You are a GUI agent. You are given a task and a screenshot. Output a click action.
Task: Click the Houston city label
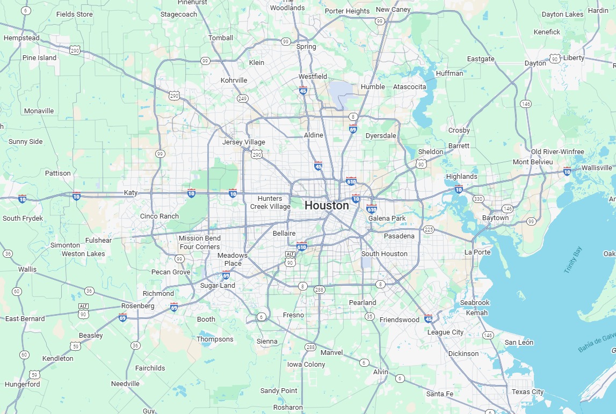(x=327, y=205)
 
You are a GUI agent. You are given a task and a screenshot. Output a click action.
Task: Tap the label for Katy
(x=131, y=192)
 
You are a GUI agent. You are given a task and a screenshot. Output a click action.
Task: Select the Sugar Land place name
(x=218, y=286)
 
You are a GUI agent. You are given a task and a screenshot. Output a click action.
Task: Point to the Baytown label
(x=495, y=218)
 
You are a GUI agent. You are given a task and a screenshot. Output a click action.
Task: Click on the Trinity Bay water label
(x=572, y=260)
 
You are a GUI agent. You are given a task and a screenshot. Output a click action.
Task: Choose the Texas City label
(x=527, y=392)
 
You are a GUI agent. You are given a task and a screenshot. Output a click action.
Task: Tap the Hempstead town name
(x=21, y=38)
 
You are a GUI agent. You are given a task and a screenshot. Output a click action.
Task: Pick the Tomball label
(x=221, y=38)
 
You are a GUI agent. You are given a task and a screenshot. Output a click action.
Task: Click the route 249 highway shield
(x=243, y=98)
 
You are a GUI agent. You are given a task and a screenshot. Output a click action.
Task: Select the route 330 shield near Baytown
(x=478, y=199)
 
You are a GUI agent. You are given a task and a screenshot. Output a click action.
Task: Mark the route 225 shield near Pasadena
(x=429, y=229)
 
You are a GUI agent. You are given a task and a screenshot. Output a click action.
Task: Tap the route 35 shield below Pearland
(x=369, y=316)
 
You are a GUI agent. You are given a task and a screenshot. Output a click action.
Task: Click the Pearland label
(x=363, y=302)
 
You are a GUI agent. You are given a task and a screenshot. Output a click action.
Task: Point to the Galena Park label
(x=387, y=218)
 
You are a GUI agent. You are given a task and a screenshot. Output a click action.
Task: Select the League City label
(x=445, y=332)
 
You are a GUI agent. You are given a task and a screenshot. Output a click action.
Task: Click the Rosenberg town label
(x=137, y=306)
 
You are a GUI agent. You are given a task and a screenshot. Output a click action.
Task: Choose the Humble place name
(x=373, y=86)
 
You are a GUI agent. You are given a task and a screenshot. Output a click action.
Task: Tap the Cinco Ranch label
(x=160, y=216)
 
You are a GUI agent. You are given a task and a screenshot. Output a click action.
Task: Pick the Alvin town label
(x=380, y=372)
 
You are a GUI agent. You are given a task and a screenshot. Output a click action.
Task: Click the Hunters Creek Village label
(x=270, y=202)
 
